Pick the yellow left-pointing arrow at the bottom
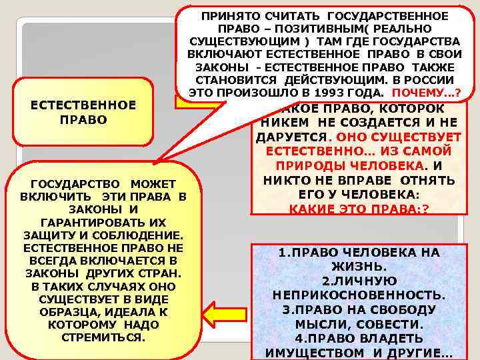(224, 313)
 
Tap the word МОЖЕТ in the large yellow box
(153, 183)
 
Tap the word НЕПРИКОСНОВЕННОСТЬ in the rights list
(359, 295)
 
